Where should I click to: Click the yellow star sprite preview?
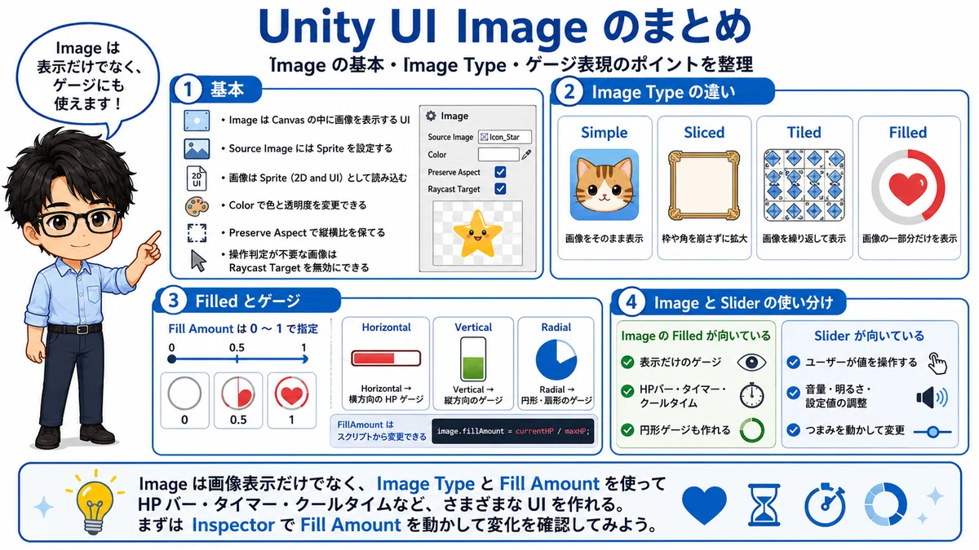(x=477, y=233)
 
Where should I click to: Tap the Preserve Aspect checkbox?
(x=500, y=172)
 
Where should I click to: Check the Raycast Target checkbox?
(x=500, y=189)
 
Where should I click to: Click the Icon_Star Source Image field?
(x=505, y=137)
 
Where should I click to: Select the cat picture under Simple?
(x=605, y=184)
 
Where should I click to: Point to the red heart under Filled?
(x=908, y=188)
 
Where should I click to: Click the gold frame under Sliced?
(x=703, y=185)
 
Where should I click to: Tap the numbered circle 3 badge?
(x=173, y=301)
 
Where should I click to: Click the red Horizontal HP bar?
(x=386, y=359)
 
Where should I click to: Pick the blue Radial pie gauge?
(x=556, y=360)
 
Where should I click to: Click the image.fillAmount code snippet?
(x=513, y=431)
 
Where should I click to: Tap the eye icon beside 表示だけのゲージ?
(x=751, y=363)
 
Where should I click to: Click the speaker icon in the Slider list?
(x=932, y=398)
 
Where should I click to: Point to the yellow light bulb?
(x=94, y=503)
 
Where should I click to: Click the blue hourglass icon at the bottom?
(x=764, y=505)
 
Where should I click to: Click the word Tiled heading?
(x=804, y=132)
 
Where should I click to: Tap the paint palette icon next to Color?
(x=197, y=206)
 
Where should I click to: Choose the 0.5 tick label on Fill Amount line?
(x=237, y=348)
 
